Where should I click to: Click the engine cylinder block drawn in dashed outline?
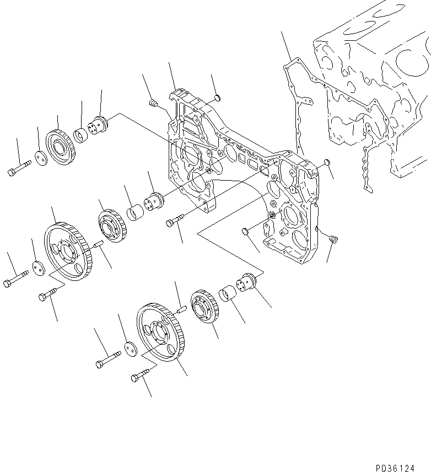(x=369, y=94)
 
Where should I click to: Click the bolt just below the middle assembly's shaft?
(x=173, y=222)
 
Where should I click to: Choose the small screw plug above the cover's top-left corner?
(x=154, y=102)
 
